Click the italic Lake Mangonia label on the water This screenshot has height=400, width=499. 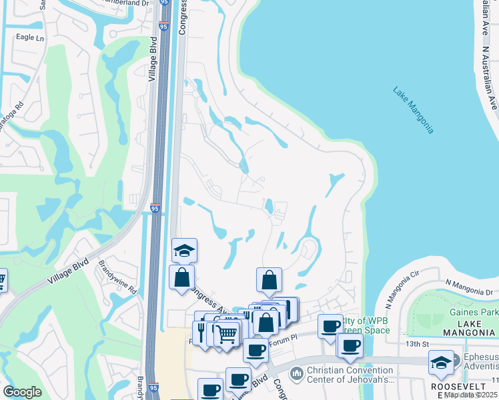pos(413,110)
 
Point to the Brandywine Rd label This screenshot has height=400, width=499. pos(117,281)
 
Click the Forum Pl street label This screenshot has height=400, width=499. pos(284,338)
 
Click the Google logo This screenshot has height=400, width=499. pos(23,392)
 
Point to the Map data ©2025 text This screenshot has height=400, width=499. pos(471,395)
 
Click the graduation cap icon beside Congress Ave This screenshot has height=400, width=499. pos(184,250)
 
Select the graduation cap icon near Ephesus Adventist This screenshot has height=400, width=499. pos(440,362)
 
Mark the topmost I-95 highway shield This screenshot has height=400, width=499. pos(163,27)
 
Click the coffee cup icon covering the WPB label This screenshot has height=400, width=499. pos(330,326)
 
